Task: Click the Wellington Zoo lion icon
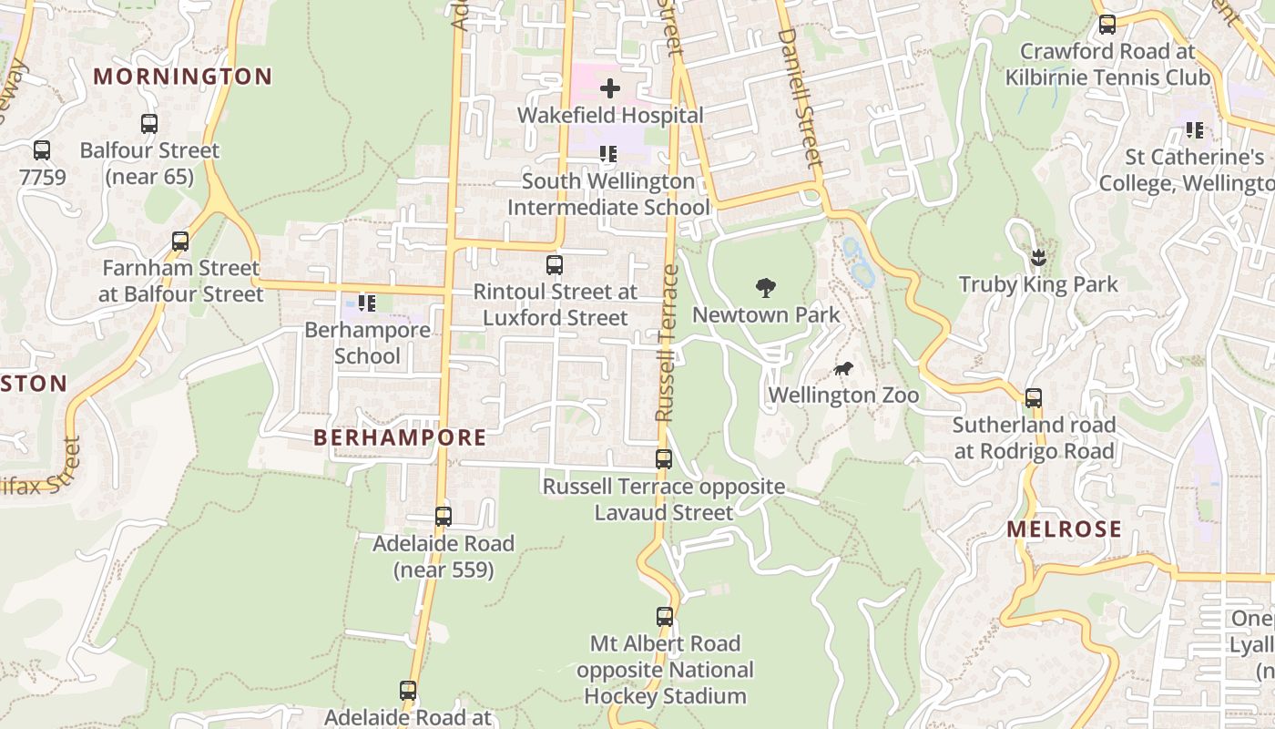point(843,369)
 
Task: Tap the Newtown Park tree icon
point(766,288)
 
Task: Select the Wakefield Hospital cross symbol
point(610,88)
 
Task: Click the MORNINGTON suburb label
point(183,77)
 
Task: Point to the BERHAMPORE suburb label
point(400,437)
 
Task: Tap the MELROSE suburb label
point(1064,529)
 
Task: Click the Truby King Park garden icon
point(1038,258)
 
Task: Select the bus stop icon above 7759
point(42,150)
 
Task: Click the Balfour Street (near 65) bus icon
point(149,124)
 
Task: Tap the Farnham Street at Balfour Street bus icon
point(180,241)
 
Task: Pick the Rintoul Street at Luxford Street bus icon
point(555,265)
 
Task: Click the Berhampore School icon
point(366,303)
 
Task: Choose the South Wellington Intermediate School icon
point(607,155)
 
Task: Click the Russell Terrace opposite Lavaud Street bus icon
point(664,459)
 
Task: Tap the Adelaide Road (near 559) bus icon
point(444,517)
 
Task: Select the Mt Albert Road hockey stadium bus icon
point(665,617)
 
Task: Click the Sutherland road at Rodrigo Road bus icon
point(1034,398)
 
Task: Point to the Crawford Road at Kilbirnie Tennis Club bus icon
point(1107,25)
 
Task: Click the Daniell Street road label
point(801,97)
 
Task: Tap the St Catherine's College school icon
point(1194,130)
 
